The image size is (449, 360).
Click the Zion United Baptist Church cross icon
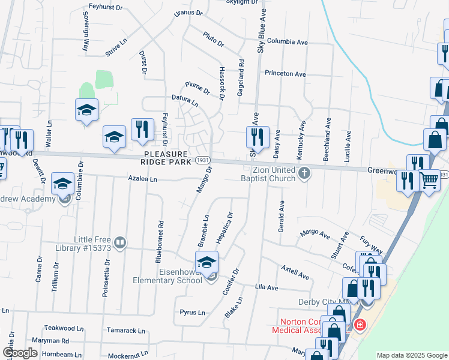click(304, 174)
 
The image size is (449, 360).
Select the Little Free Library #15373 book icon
click(120, 243)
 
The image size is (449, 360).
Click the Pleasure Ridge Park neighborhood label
click(166, 158)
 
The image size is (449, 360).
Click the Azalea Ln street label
click(142, 179)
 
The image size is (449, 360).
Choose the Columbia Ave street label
click(288, 42)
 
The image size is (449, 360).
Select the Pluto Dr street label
click(213, 40)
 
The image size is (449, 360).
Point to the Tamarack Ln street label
click(126, 331)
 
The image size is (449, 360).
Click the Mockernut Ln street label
click(128, 355)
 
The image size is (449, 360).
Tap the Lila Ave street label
click(267, 287)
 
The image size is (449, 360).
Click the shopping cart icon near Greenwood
click(429, 179)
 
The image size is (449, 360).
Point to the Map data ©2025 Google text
click(411, 355)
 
